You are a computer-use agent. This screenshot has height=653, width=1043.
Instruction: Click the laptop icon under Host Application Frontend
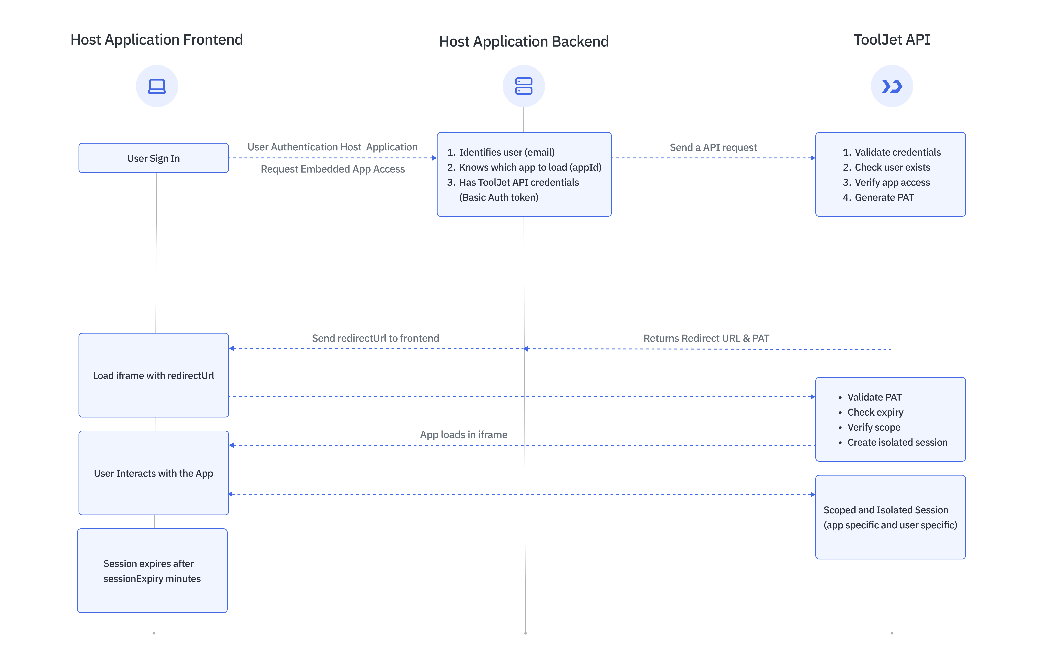(x=157, y=86)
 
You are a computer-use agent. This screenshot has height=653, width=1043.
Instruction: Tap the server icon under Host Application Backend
(x=523, y=86)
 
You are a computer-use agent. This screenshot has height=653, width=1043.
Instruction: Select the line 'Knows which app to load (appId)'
(x=530, y=167)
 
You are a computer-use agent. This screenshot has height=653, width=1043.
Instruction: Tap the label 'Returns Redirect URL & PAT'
(x=706, y=338)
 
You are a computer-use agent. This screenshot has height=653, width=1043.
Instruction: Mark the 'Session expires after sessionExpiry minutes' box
(x=152, y=571)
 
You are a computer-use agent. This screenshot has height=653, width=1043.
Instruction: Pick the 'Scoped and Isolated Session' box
(x=890, y=517)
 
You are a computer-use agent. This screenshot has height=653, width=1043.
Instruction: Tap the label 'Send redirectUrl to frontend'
(x=375, y=338)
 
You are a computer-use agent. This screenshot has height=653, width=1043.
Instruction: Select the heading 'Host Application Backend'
(x=523, y=42)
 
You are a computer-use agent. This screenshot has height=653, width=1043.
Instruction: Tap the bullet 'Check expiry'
(x=875, y=412)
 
